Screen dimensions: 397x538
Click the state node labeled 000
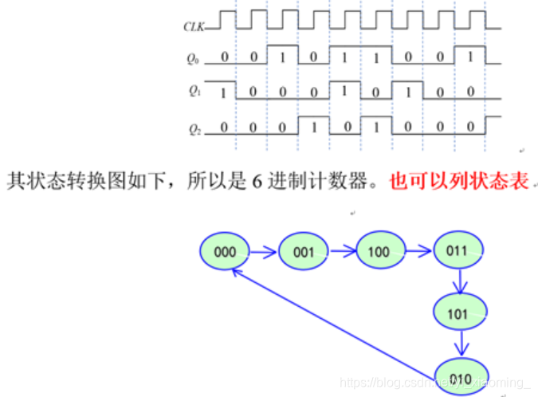pos(225,251)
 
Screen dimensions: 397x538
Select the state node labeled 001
pos(303,251)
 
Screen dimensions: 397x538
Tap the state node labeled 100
pos(379,251)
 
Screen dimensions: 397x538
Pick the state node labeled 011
pos(457,251)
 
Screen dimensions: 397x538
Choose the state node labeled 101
pos(458,313)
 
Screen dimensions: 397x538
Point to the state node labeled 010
pos(460,376)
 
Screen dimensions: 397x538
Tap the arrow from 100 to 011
pos(418,252)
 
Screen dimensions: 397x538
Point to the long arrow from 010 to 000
pos(335,319)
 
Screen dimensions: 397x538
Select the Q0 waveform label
pos(191,57)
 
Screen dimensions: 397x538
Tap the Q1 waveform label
pos(191,91)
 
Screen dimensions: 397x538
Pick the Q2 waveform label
pos(191,128)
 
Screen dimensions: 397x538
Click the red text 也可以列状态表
pos(459,181)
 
